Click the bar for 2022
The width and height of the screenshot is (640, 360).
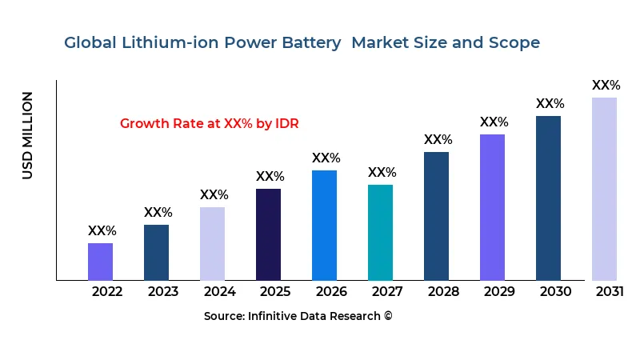click(100, 262)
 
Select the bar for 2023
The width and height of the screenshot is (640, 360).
click(156, 253)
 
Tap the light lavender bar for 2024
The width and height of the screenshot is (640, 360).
click(212, 244)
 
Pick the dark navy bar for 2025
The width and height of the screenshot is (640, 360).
click(268, 234)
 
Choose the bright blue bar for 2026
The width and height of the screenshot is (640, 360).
click(324, 226)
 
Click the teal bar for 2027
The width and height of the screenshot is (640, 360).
click(380, 233)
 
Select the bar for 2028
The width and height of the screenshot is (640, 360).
click(436, 216)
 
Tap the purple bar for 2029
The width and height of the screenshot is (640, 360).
click(492, 207)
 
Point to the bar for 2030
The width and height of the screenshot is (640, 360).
click(548, 198)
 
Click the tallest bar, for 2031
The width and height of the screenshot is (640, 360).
click(604, 189)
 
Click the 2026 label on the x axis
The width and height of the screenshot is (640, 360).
click(331, 291)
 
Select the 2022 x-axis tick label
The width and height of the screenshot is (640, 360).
click(107, 291)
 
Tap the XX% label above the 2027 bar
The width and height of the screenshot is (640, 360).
click(382, 173)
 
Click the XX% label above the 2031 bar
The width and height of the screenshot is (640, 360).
click(606, 86)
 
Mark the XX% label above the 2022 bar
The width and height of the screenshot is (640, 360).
click(102, 231)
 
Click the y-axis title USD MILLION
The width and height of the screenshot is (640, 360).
click(28, 135)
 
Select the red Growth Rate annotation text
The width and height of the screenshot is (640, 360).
click(209, 123)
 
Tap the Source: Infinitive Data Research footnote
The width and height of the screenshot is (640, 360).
click(298, 316)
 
